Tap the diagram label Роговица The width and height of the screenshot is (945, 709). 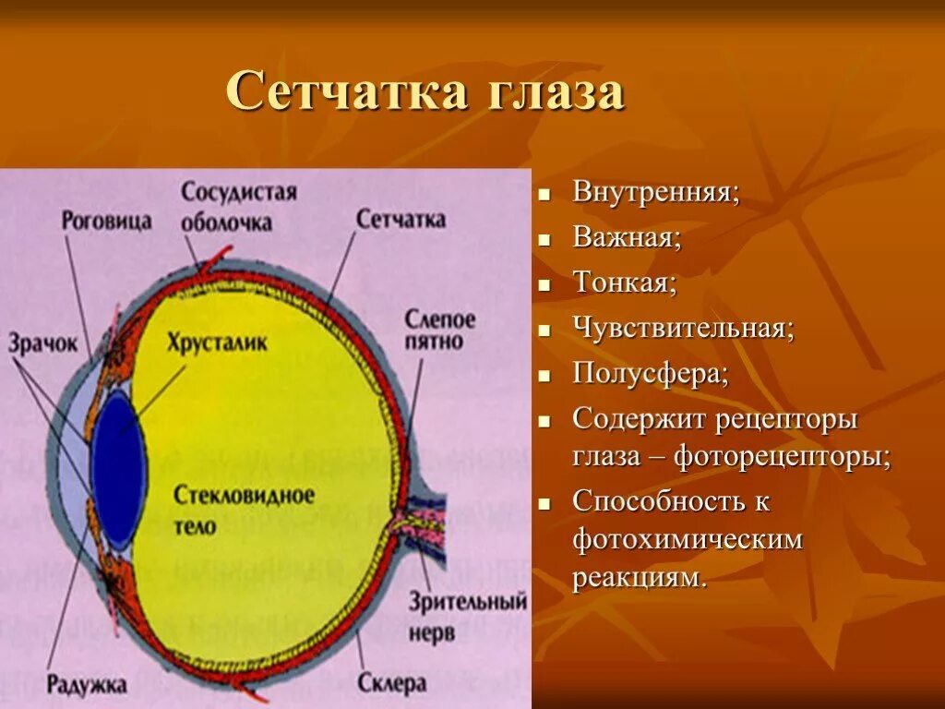click(x=107, y=222)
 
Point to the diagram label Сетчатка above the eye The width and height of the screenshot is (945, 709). click(x=401, y=220)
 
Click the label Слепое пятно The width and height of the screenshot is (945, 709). click(x=439, y=330)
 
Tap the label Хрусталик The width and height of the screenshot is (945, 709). click(x=218, y=342)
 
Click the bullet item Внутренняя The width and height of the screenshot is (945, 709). click(x=655, y=193)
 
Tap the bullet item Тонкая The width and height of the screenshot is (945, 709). click(x=625, y=282)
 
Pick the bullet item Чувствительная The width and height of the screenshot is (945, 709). click(x=683, y=328)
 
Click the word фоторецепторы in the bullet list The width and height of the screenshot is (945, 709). click(x=782, y=457)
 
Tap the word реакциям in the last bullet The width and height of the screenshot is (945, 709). click(x=640, y=579)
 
